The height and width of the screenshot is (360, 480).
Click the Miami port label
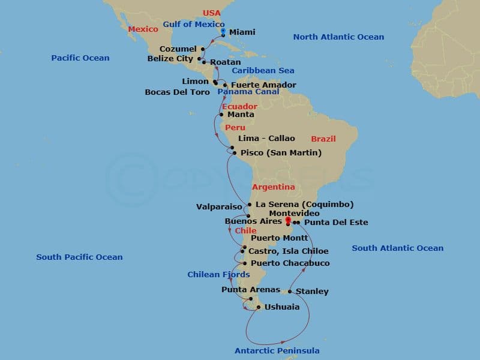(x=242, y=32)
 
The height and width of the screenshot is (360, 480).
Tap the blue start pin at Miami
(x=223, y=31)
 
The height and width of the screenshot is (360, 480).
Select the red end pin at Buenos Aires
(x=288, y=220)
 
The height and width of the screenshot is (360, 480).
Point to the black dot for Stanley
(x=290, y=292)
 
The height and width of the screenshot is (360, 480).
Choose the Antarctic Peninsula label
(x=277, y=350)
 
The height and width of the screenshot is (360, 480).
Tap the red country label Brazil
(x=323, y=139)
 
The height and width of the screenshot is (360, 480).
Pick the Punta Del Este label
(x=336, y=223)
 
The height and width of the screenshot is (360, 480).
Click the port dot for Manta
(x=221, y=115)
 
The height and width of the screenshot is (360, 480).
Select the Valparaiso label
(x=219, y=207)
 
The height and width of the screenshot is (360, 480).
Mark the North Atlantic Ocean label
(x=338, y=37)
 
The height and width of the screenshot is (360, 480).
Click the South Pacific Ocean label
(x=79, y=257)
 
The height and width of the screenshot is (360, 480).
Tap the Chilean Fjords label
(x=218, y=275)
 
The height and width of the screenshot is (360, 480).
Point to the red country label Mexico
(x=143, y=28)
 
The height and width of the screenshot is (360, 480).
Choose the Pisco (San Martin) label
(x=281, y=153)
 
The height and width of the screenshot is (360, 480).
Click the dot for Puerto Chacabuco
(x=244, y=263)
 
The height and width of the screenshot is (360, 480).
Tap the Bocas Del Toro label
(x=178, y=92)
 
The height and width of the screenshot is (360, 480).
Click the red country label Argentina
(x=273, y=187)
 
